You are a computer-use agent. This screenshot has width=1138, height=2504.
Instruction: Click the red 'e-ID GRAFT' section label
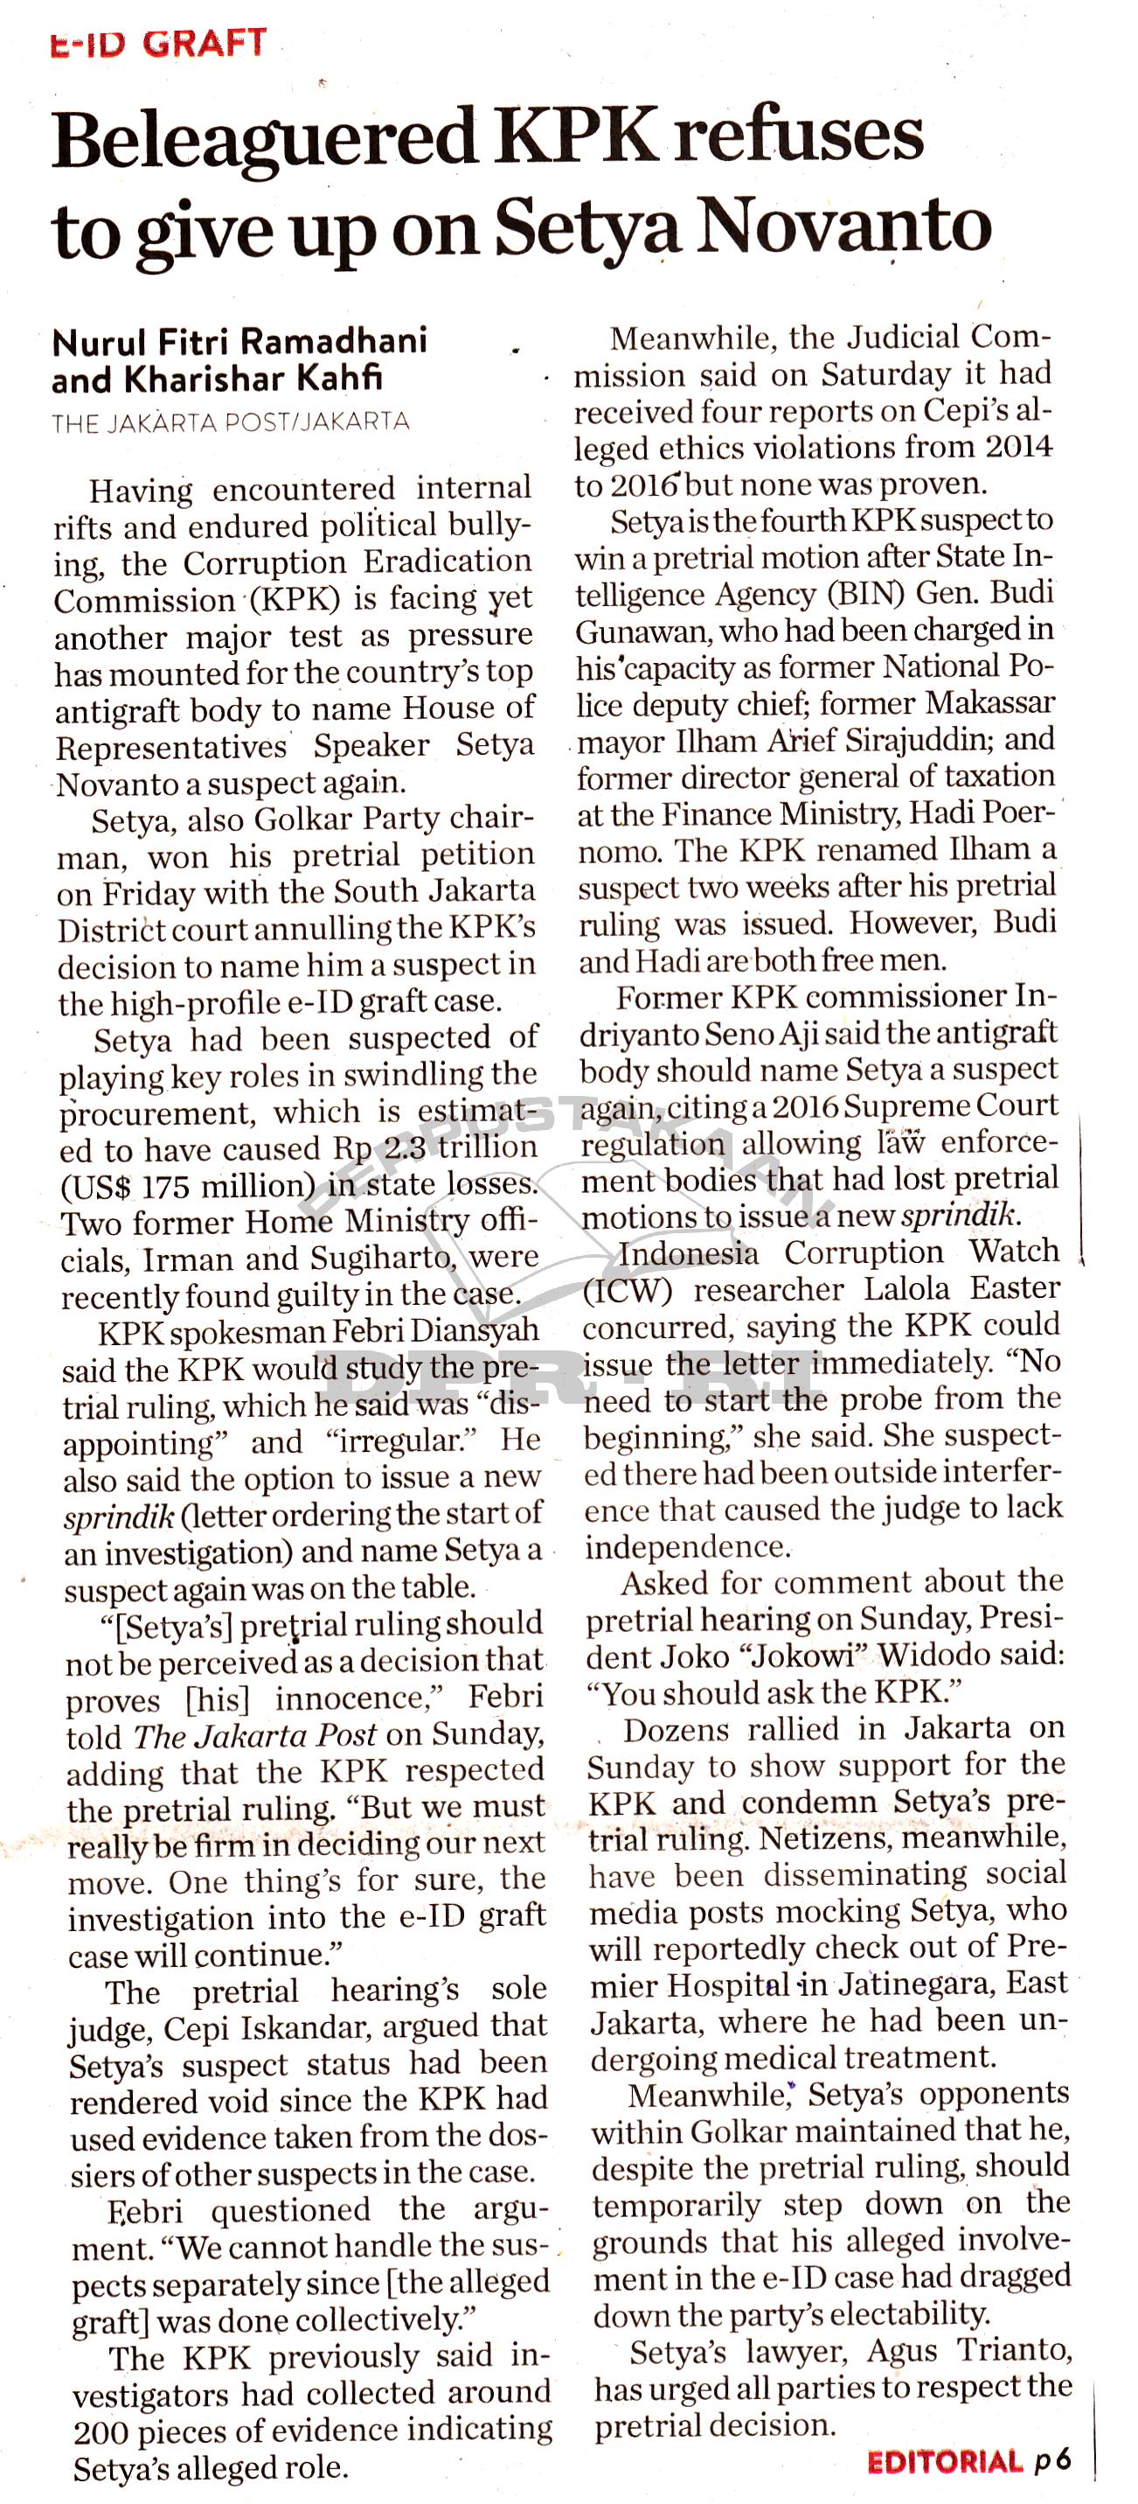[158, 44]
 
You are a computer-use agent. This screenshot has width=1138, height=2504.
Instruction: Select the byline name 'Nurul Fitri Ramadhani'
[239, 342]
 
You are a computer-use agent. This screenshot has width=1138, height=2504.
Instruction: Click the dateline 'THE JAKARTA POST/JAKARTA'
[231, 422]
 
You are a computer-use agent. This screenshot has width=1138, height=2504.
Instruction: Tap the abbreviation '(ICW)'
[627, 1291]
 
